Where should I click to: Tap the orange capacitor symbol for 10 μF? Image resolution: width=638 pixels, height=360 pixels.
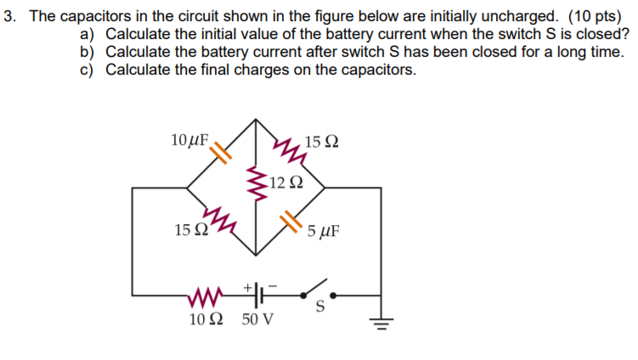[220, 153]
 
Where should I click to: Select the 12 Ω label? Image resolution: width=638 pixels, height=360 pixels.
[283, 182]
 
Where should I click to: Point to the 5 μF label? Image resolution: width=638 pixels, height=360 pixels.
[324, 230]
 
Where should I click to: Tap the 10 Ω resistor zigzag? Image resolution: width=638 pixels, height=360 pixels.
[206, 297]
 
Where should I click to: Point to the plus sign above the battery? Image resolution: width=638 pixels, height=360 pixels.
[250, 286]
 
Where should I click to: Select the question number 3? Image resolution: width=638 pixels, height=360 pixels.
[8, 16]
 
